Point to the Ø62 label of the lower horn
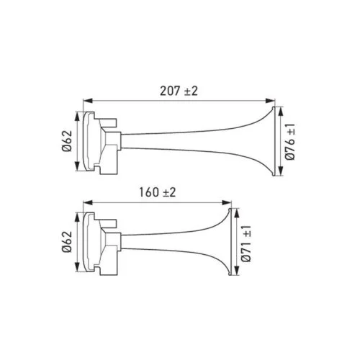tap(66, 241)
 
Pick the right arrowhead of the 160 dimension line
tap(232, 202)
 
